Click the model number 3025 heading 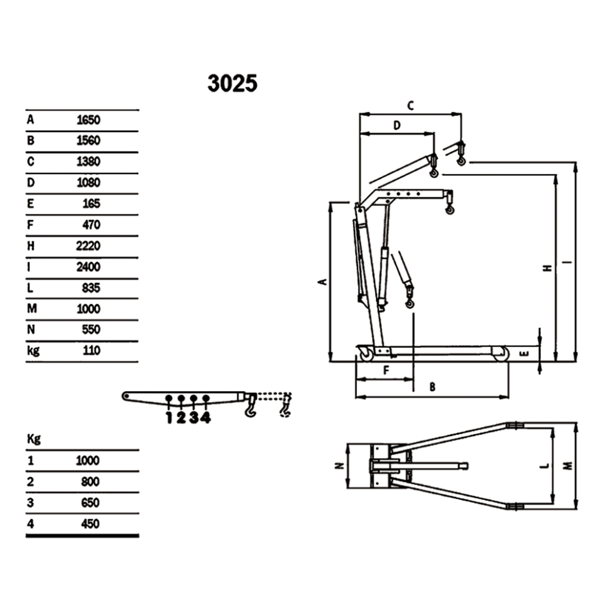coord(232,84)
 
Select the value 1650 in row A coord(88,120)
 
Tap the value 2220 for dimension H coord(88,246)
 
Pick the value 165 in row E coord(91,203)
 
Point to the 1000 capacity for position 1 coord(87,461)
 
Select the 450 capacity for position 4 coord(89,524)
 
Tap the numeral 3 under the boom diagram coord(193,418)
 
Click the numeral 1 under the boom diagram coord(169,418)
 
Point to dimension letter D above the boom coord(396,126)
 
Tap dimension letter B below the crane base coord(433,387)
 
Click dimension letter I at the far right coord(569,263)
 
